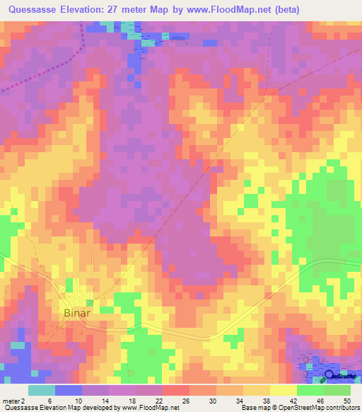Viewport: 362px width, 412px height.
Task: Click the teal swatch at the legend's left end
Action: point(41,390)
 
